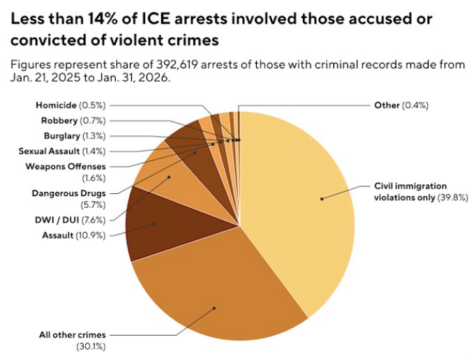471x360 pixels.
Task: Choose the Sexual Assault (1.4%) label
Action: (62, 150)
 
